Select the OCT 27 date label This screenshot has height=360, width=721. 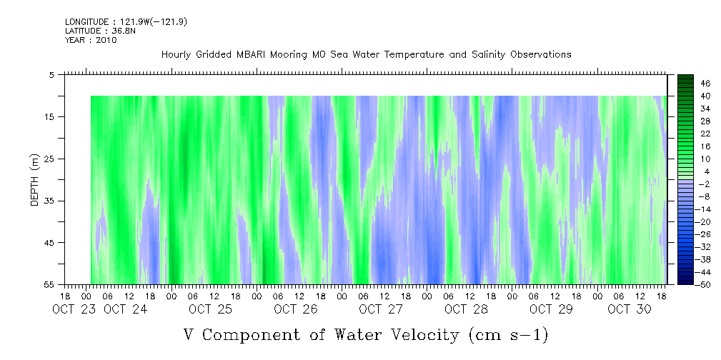(381, 309)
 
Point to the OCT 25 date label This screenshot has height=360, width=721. (211, 309)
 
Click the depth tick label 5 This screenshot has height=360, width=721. (52, 74)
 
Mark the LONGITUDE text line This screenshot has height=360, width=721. (126, 22)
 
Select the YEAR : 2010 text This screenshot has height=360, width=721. (90, 40)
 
